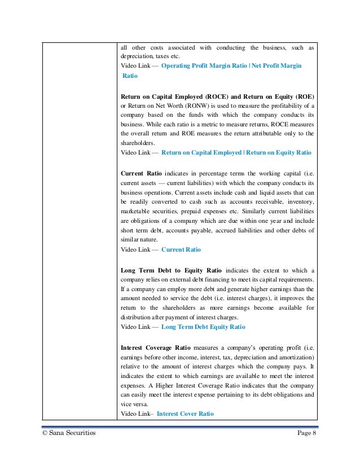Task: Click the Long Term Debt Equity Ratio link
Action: pos(203,326)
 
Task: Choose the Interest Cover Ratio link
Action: pos(185,413)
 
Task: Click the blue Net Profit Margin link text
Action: pos(275,66)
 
